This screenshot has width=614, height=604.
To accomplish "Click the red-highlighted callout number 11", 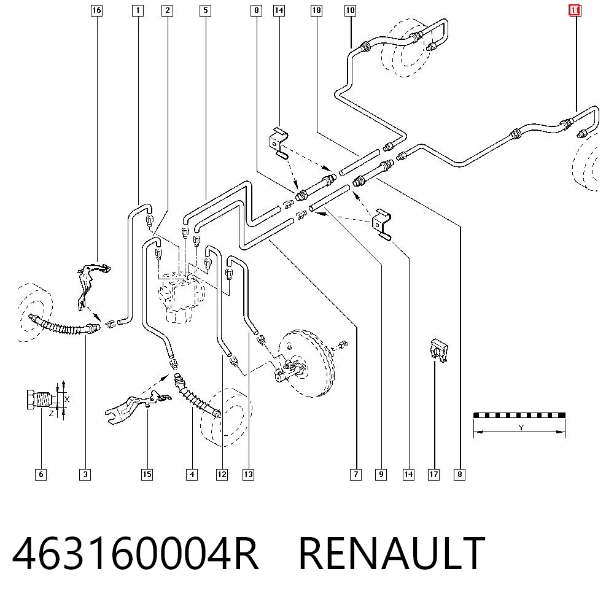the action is click(x=575, y=10).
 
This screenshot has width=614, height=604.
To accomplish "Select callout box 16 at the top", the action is click(x=96, y=10).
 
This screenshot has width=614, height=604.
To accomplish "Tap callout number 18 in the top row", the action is click(x=316, y=10).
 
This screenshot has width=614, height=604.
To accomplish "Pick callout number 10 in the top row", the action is click(x=350, y=10).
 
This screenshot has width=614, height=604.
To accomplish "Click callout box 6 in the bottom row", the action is click(x=41, y=474).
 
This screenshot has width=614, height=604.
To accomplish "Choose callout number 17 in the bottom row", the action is click(x=434, y=474).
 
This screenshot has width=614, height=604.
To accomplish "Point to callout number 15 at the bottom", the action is click(x=147, y=474).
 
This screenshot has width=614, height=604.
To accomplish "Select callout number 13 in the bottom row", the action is click(x=248, y=474).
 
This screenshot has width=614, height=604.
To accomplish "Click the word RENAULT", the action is click(x=392, y=552).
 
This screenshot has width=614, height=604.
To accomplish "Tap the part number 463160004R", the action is click(x=135, y=552).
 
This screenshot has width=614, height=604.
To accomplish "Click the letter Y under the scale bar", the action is click(x=521, y=427).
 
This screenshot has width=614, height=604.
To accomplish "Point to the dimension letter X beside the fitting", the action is click(x=67, y=399).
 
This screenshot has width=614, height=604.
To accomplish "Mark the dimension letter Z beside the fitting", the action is click(x=52, y=413).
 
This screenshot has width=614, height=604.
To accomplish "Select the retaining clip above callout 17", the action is click(x=438, y=350).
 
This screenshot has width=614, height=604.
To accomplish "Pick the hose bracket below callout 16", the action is click(x=91, y=286).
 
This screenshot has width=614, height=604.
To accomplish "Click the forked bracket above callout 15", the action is click(x=137, y=407).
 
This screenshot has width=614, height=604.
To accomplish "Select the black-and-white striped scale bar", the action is click(x=519, y=415).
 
